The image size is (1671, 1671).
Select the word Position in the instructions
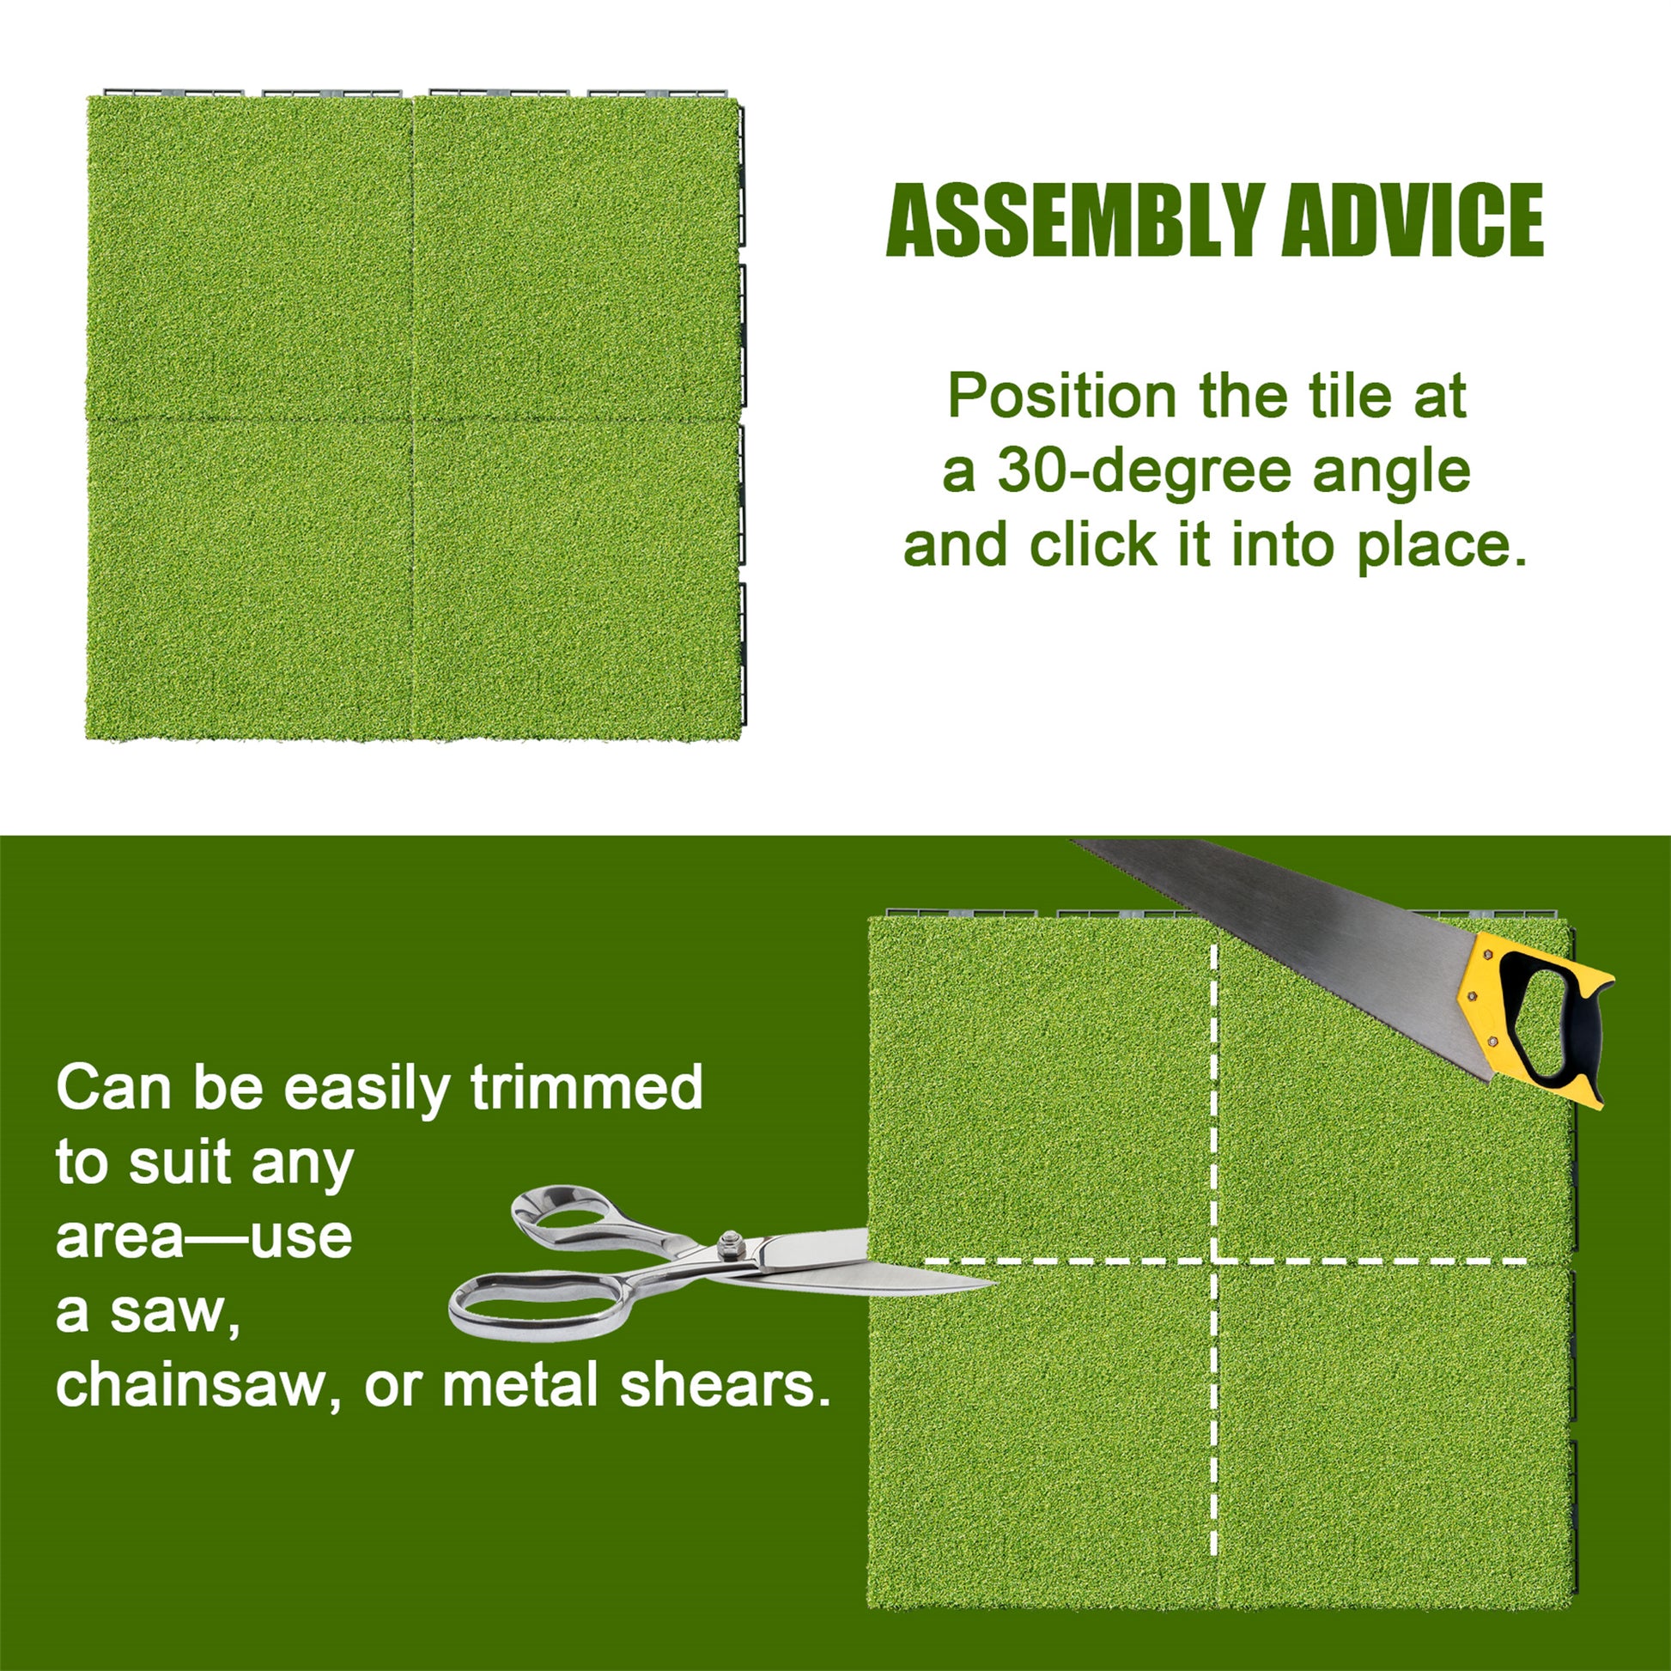(x=1061, y=398)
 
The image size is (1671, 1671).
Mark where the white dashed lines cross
(x=1216, y=1261)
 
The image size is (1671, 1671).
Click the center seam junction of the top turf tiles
(x=412, y=420)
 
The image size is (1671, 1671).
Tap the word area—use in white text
(x=204, y=1236)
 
